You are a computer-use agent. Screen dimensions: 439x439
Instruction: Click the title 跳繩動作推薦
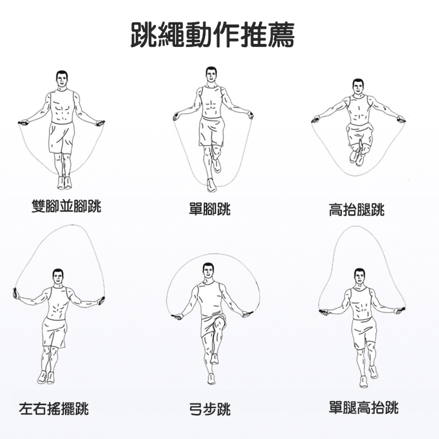pos(212,35)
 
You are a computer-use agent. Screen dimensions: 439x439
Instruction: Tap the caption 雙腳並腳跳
pos(66,206)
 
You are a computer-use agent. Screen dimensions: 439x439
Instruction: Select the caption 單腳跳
pos(210,209)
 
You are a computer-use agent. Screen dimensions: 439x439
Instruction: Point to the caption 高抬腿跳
pos(356,210)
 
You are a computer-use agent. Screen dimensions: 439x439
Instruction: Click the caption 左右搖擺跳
pos(54,409)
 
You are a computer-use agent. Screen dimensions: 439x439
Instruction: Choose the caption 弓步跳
pos(210,409)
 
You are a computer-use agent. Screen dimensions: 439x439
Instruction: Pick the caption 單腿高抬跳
pos(363,407)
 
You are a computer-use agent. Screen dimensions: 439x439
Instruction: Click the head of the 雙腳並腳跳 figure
pos(62,79)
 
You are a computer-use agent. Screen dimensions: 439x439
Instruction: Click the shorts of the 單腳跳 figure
pos(212,131)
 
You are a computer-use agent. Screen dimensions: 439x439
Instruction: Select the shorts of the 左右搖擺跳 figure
pos(54,333)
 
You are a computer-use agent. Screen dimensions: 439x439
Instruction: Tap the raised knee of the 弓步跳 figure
pos(219,325)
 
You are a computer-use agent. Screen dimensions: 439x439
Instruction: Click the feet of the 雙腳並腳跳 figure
pos(65,182)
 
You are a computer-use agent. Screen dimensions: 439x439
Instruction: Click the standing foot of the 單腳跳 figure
pos(212,185)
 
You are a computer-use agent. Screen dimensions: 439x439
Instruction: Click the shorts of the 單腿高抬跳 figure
pos(363,333)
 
